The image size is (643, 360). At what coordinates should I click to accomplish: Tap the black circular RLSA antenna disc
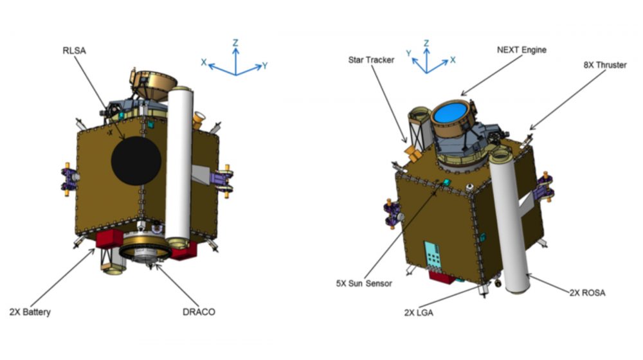click(x=136, y=161)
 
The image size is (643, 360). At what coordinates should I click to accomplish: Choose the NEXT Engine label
click(x=521, y=50)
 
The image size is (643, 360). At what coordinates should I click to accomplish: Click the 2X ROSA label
click(x=588, y=292)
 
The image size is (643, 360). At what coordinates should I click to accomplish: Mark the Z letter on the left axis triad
click(x=236, y=42)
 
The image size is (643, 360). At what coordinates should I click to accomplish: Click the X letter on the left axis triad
click(x=204, y=62)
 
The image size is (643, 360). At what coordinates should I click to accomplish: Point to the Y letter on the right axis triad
click(x=409, y=53)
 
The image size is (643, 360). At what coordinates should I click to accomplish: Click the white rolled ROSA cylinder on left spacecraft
click(x=179, y=167)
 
